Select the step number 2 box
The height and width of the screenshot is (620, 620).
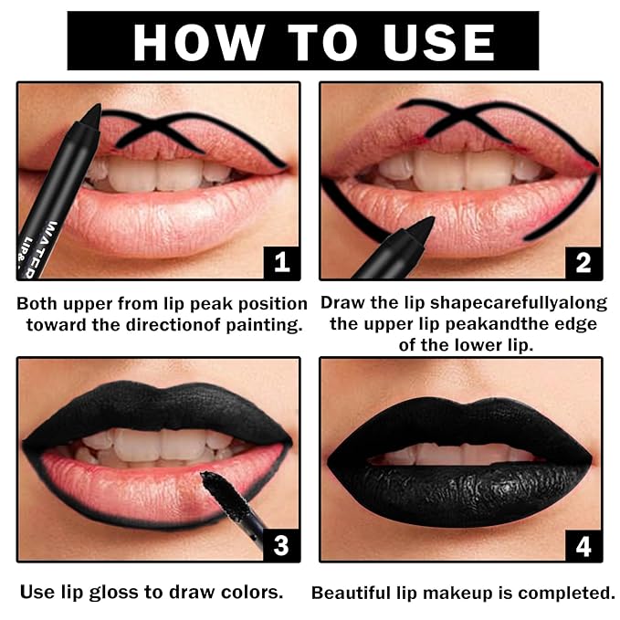(x=583, y=262)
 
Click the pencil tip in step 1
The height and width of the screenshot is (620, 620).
(x=91, y=113)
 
